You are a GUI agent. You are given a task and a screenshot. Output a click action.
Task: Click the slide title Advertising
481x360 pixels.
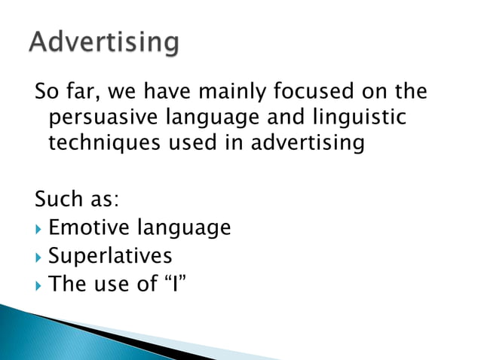click(105, 42)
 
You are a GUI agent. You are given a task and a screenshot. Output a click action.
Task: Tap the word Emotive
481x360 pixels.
click(84, 227)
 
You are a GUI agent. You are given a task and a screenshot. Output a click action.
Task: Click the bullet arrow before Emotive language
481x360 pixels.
click(38, 227)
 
